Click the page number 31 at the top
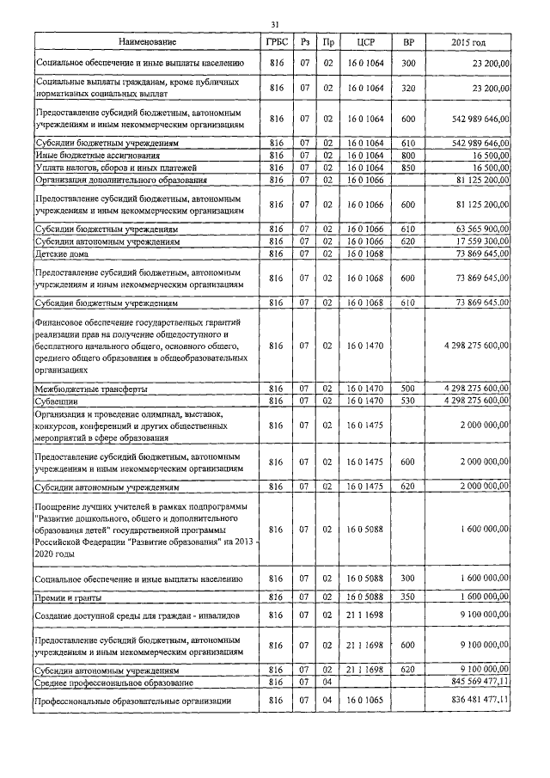coord(275,24)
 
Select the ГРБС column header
coord(276,42)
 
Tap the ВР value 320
coord(408,88)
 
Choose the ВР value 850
coord(408,167)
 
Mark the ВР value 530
coord(408,401)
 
